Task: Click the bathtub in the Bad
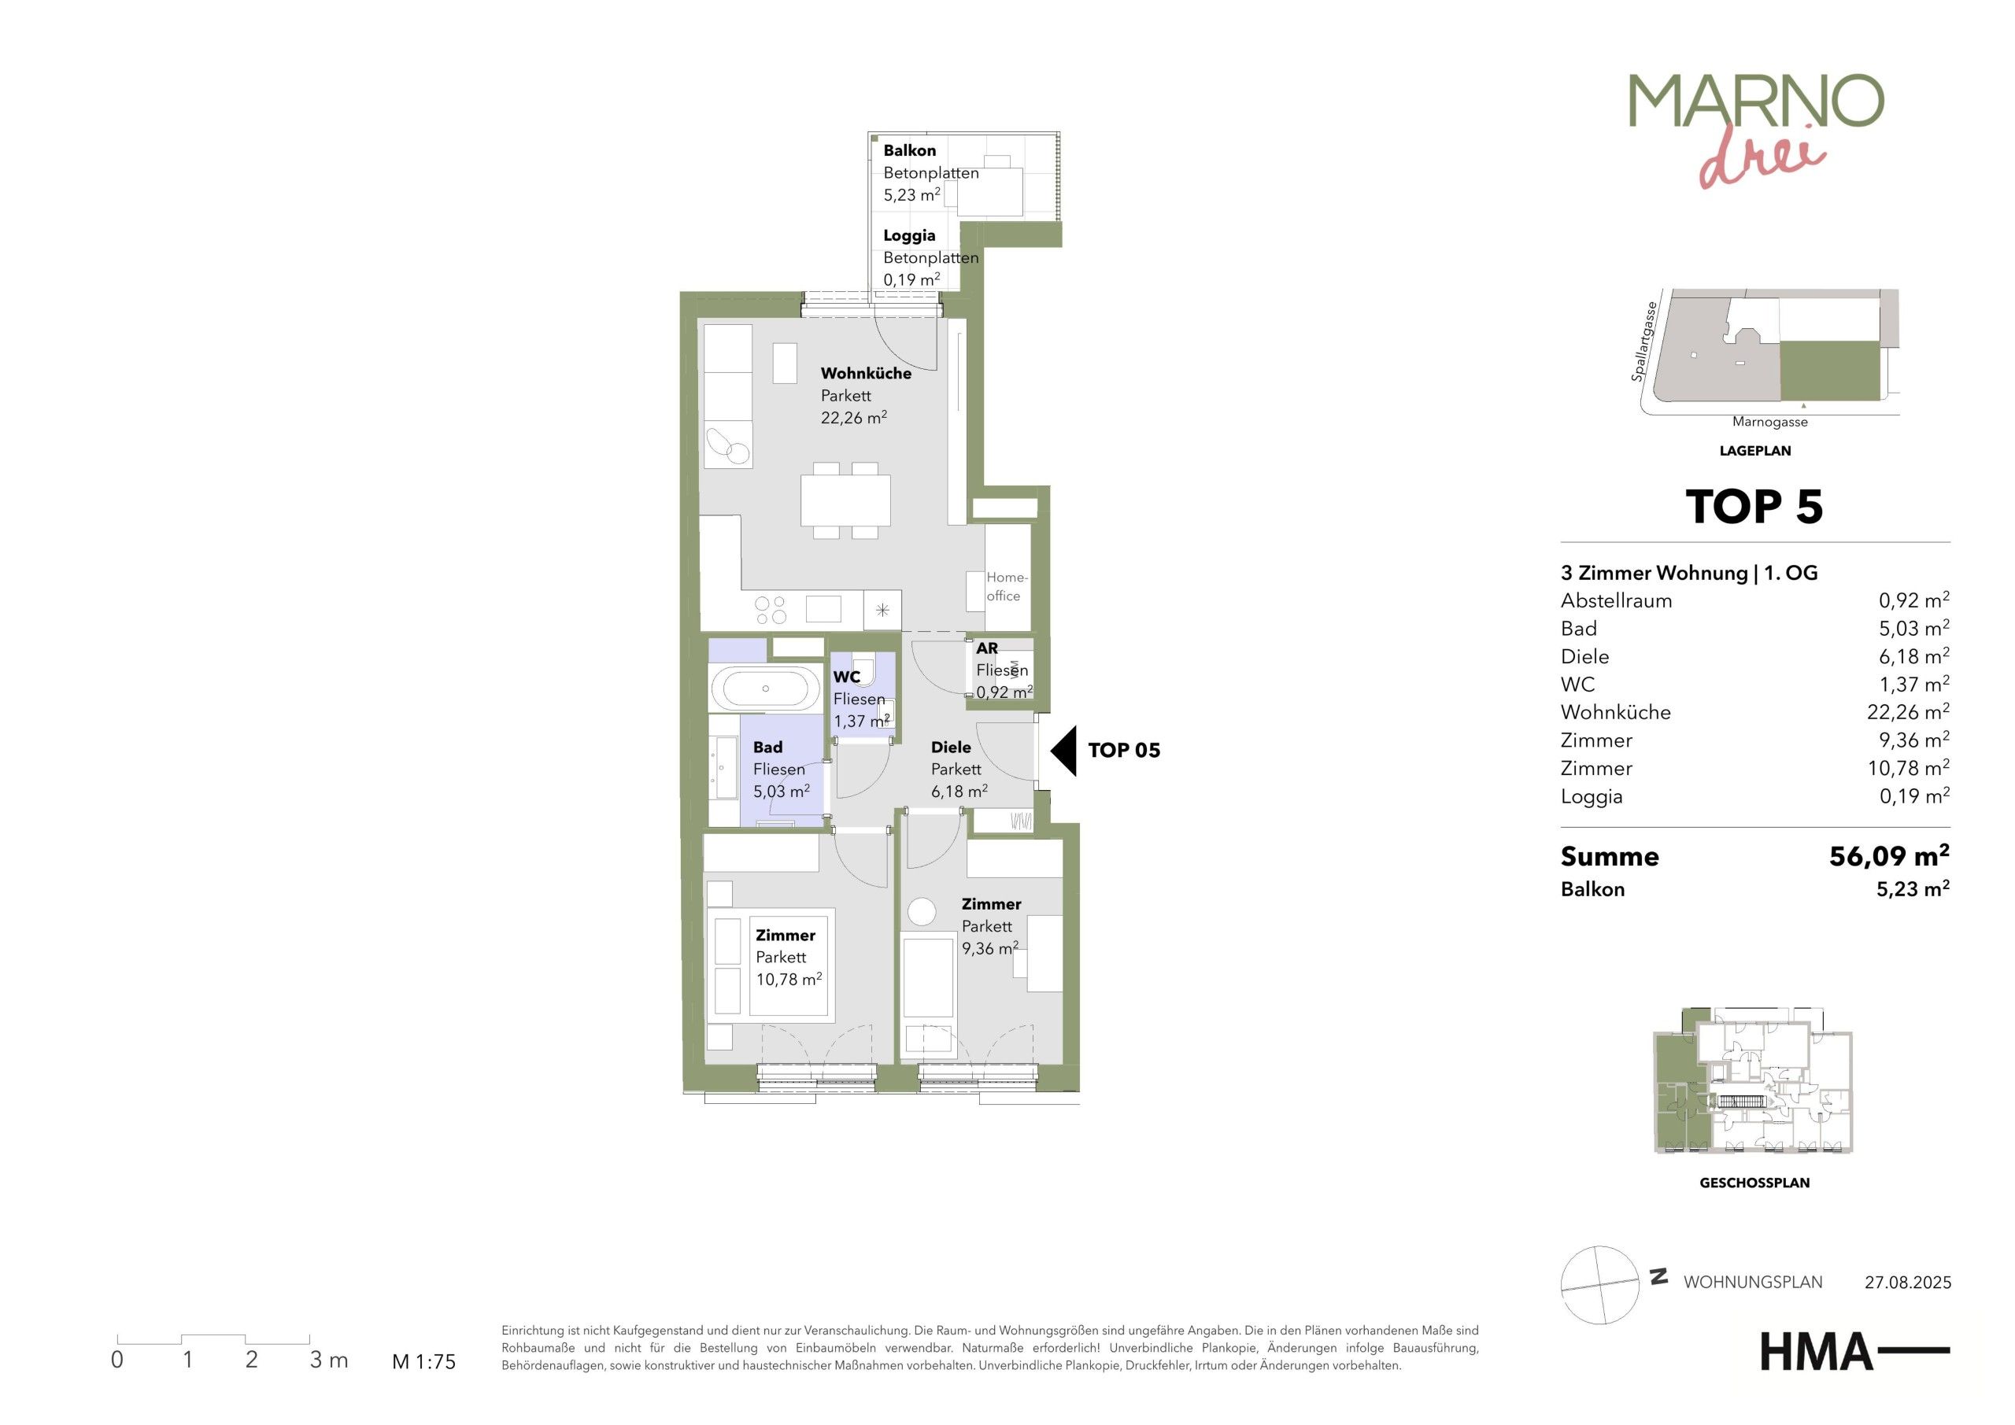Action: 765,689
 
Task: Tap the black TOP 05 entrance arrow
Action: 1063,750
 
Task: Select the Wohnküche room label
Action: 865,373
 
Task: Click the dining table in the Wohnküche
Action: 845,500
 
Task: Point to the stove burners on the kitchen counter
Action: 771,610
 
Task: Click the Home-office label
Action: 1006,586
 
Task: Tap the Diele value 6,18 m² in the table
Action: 1914,655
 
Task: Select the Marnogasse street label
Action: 1769,422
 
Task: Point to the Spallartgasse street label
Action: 1643,341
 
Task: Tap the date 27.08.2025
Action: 1908,1283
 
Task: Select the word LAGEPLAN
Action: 1755,451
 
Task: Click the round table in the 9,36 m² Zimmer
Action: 922,911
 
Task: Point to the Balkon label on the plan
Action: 909,151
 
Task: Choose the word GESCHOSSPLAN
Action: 1754,1183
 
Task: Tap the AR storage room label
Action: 986,648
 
